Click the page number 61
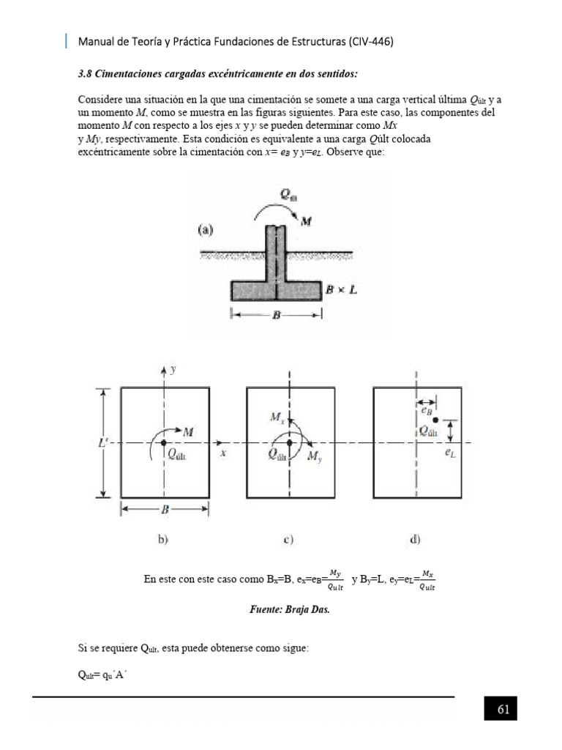503,710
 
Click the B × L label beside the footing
342,291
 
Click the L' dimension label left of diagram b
104,443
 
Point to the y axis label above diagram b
173,371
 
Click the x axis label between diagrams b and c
222,454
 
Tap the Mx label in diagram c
277,417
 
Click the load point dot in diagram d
435,420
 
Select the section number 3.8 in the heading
85,74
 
